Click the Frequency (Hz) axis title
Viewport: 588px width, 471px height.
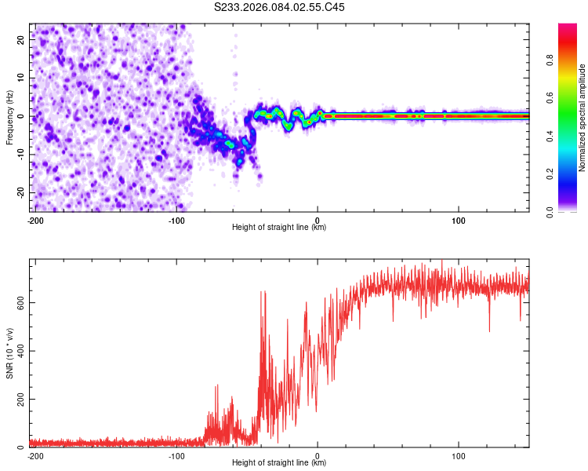[10, 117]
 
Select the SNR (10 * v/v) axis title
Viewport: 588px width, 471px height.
[10, 352]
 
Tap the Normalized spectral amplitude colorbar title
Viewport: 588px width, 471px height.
[582, 118]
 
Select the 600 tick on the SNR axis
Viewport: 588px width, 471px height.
[19, 301]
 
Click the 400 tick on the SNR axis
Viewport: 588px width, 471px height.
[19, 350]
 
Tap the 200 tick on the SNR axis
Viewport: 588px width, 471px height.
[19, 399]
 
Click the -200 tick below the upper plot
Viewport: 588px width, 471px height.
[35, 219]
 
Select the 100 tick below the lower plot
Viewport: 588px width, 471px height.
[459, 455]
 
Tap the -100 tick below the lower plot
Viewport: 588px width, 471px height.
[176, 455]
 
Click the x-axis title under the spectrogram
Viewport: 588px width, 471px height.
[279, 228]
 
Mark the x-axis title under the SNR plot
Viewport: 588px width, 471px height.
[279, 463]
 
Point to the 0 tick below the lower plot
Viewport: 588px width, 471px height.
[318, 455]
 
